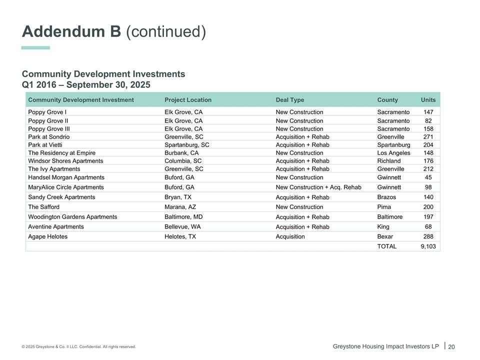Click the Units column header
[x=428, y=100]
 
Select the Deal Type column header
[x=289, y=100]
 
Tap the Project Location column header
[x=188, y=100]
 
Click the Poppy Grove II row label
[x=48, y=121]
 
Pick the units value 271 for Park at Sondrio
[x=428, y=137]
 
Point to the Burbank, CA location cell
[x=181, y=153]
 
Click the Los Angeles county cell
[x=393, y=153]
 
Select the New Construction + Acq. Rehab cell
[x=318, y=187]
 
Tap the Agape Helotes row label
[x=48, y=236]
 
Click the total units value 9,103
[x=428, y=246]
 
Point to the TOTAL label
[x=386, y=246]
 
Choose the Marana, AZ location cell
[x=180, y=207]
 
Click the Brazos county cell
[x=386, y=197]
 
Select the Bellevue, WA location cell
[x=182, y=227]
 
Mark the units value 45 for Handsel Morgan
[x=428, y=177]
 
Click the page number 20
[x=451, y=347]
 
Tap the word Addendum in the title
[x=71, y=31]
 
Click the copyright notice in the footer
[x=78, y=347]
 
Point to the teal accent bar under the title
[x=35, y=48]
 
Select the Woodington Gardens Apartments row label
[x=72, y=217]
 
